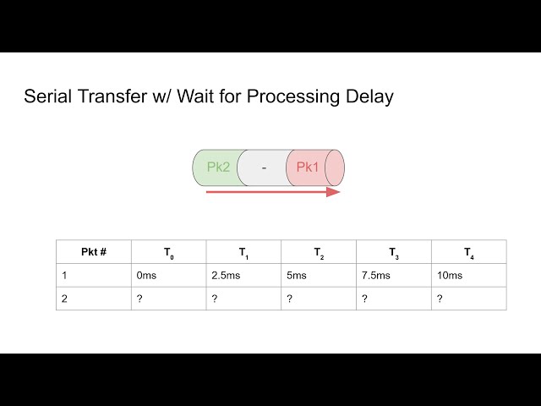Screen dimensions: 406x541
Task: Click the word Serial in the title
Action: click(48, 96)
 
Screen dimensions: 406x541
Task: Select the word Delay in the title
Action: click(371, 96)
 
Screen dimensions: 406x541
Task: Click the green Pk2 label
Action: click(218, 167)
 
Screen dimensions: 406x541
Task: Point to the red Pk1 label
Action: click(308, 167)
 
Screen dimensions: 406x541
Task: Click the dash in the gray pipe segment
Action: click(264, 167)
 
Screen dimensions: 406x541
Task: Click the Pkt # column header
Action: click(94, 252)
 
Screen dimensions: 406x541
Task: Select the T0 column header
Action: click(169, 252)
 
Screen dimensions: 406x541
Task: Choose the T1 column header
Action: click(243, 252)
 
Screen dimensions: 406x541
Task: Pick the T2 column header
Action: click(319, 252)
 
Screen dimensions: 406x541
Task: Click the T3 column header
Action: click(394, 252)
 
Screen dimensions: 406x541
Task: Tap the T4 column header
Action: click(468, 252)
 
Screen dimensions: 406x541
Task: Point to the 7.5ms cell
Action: click(376, 276)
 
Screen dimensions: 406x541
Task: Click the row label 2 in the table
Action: click(64, 299)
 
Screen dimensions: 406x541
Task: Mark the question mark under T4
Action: click(440, 299)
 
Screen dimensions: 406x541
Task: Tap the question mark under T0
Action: click(139, 299)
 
